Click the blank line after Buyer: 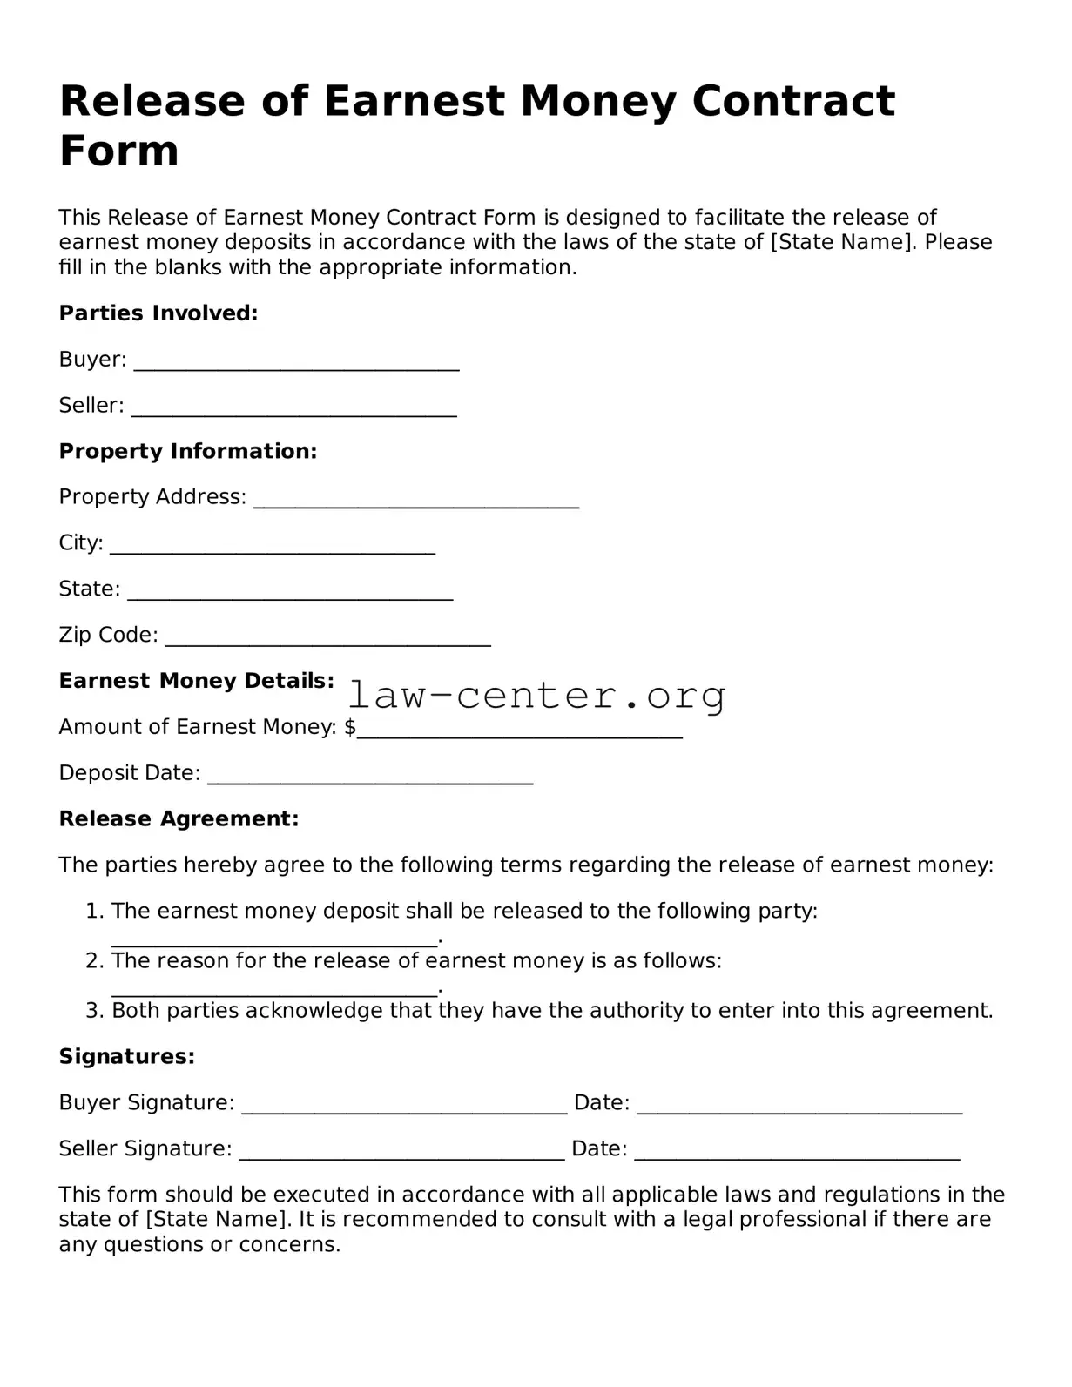(x=296, y=364)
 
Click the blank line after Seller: (x=294, y=410)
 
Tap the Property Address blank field (x=416, y=502)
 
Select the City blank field (x=273, y=548)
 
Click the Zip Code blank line (x=328, y=640)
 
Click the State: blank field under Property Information (x=290, y=594)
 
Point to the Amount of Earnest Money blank (x=520, y=731)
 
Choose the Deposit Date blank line (x=370, y=778)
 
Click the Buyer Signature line (x=404, y=1108)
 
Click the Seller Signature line (x=401, y=1154)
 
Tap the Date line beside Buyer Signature (x=799, y=1108)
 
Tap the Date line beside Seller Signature (x=797, y=1154)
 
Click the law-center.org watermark (x=536, y=696)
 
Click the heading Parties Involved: (x=158, y=313)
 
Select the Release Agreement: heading (x=179, y=819)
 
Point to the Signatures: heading (x=127, y=1057)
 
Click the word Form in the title (x=119, y=151)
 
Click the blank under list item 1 (x=274, y=940)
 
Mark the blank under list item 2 (x=274, y=990)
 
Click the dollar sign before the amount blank (x=350, y=727)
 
